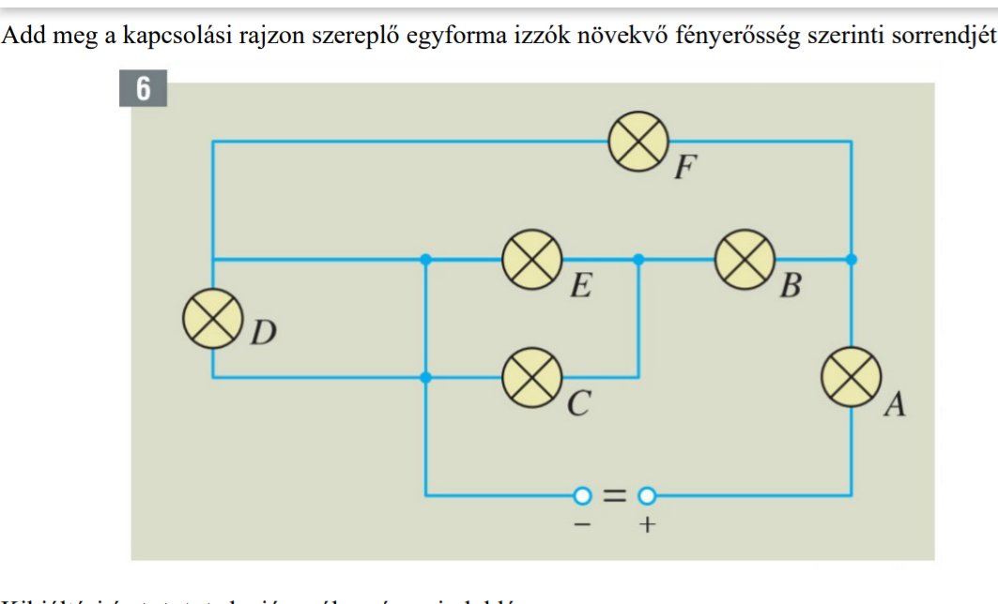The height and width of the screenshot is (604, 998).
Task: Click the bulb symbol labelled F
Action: (x=638, y=141)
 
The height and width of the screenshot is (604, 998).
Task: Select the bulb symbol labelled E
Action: (x=532, y=260)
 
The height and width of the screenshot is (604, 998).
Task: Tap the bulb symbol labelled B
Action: (x=745, y=260)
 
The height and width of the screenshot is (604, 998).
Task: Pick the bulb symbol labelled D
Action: (x=212, y=318)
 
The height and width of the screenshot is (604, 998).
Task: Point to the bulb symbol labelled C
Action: (x=532, y=377)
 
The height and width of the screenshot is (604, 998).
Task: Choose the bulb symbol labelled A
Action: (x=851, y=377)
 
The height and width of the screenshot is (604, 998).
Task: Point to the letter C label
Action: (x=579, y=405)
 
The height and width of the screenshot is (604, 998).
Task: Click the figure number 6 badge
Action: (x=143, y=89)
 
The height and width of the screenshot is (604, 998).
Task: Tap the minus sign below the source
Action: (x=581, y=525)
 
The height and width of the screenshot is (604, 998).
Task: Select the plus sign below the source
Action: (x=646, y=525)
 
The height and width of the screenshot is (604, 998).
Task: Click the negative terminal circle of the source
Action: (x=583, y=494)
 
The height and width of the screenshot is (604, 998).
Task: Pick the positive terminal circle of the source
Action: (x=646, y=494)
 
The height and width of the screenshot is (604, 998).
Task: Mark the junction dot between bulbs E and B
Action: (x=638, y=260)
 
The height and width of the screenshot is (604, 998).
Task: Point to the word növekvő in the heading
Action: (x=612, y=36)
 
